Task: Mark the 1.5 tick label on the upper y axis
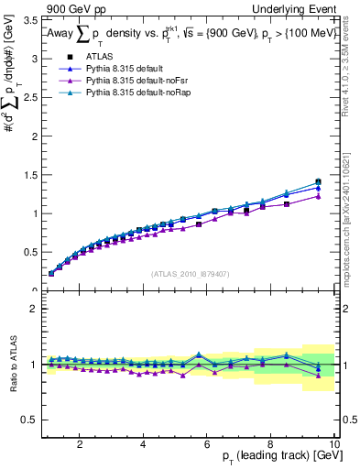(x=29, y=174)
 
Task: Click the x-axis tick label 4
(x=143, y=444)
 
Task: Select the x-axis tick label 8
(x=271, y=444)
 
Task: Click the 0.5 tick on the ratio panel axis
(x=29, y=420)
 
